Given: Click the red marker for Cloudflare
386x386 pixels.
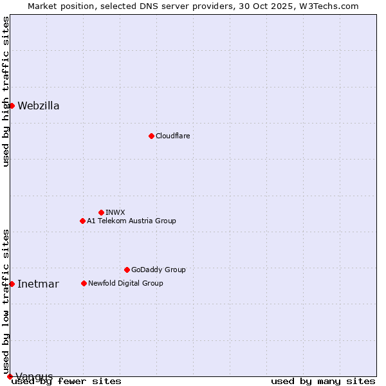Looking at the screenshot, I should [x=151, y=136].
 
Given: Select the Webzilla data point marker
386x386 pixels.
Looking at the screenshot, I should [x=12, y=106].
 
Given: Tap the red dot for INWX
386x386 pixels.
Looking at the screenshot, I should [x=101, y=212].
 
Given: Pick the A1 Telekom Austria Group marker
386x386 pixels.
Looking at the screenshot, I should [x=82, y=221].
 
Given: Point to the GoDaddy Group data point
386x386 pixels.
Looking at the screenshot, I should [x=127, y=270].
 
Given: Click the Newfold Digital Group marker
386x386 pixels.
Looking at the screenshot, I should [x=84, y=283].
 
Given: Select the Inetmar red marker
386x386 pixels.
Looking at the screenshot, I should [x=12, y=284].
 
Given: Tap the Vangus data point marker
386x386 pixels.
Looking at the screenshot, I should [x=10, y=376].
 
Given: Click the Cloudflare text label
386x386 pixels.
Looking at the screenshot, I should [x=172, y=136].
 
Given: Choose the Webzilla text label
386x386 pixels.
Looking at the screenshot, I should [x=39, y=106].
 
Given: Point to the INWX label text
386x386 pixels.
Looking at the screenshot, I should [x=115, y=212].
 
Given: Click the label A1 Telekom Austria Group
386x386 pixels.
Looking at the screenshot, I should [x=131, y=221].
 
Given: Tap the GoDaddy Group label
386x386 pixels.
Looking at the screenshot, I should [x=158, y=270].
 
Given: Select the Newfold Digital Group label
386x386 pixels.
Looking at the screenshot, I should [x=125, y=283].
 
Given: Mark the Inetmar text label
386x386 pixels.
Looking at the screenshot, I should [x=38, y=284].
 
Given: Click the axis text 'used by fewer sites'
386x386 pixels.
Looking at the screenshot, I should [x=67, y=381].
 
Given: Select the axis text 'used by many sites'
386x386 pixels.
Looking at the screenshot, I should [x=323, y=381].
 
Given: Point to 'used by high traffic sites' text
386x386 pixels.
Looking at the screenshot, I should [x=6, y=91].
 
